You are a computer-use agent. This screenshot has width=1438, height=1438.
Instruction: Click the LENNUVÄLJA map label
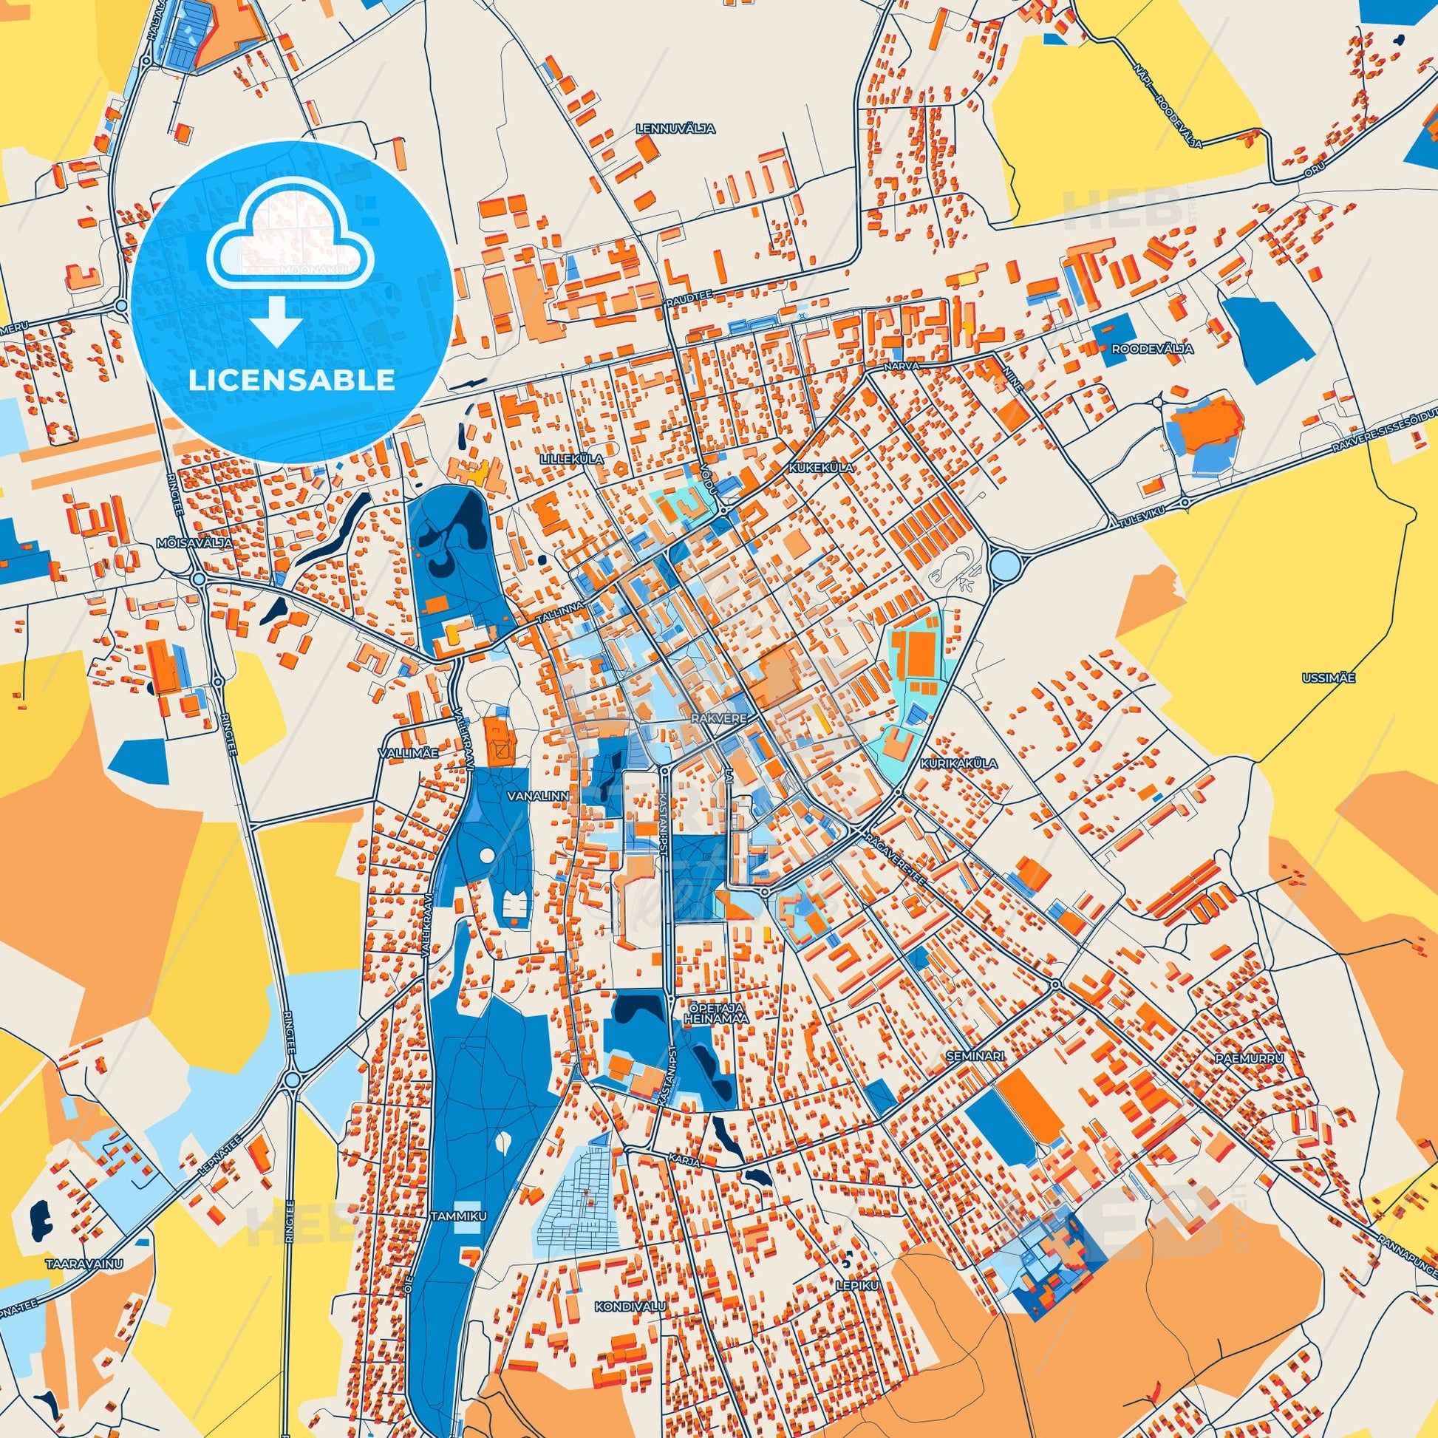pyautogui.click(x=676, y=129)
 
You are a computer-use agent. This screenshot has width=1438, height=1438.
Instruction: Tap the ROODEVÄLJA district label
pyautogui.click(x=1142, y=348)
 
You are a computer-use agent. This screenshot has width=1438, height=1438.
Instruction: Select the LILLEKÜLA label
pyautogui.click(x=572, y=460)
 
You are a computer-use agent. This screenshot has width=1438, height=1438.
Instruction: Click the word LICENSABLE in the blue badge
pyautogui.click(x=291, y=381)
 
